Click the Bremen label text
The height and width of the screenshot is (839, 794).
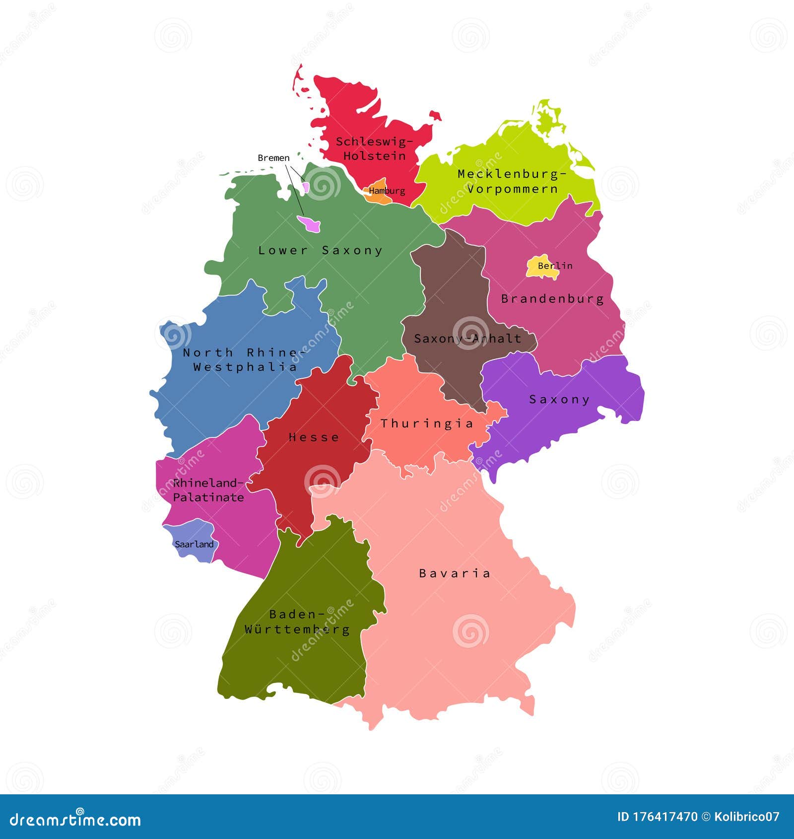[x=273, y=158]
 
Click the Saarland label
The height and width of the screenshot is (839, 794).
[x=194, y=544]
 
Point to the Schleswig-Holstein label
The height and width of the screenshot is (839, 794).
[x=374, y=148]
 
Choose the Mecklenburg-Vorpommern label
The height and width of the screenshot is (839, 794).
[x=512, y=181]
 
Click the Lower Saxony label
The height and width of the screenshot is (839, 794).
[x=321, y=250]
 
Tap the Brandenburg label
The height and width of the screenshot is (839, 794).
[x=552, y=299]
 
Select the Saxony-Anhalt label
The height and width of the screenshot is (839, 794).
[x=467, y=339]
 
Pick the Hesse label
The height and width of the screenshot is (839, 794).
[x=314, y=437]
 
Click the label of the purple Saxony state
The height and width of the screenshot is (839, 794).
[x=559, y=399]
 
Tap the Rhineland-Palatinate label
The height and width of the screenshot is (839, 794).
[x=208, y=490]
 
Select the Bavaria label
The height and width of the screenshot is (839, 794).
[x=455, y=573]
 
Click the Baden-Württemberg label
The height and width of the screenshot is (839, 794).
[x=297, y=622]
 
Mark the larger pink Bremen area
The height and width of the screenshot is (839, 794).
[x=310, y=224]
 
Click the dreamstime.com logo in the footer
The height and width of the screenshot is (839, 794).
[x=75, y=820]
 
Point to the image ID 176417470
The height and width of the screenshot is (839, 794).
[x=657, y=817]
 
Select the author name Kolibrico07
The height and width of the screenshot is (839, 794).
[x=747, y=817]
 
